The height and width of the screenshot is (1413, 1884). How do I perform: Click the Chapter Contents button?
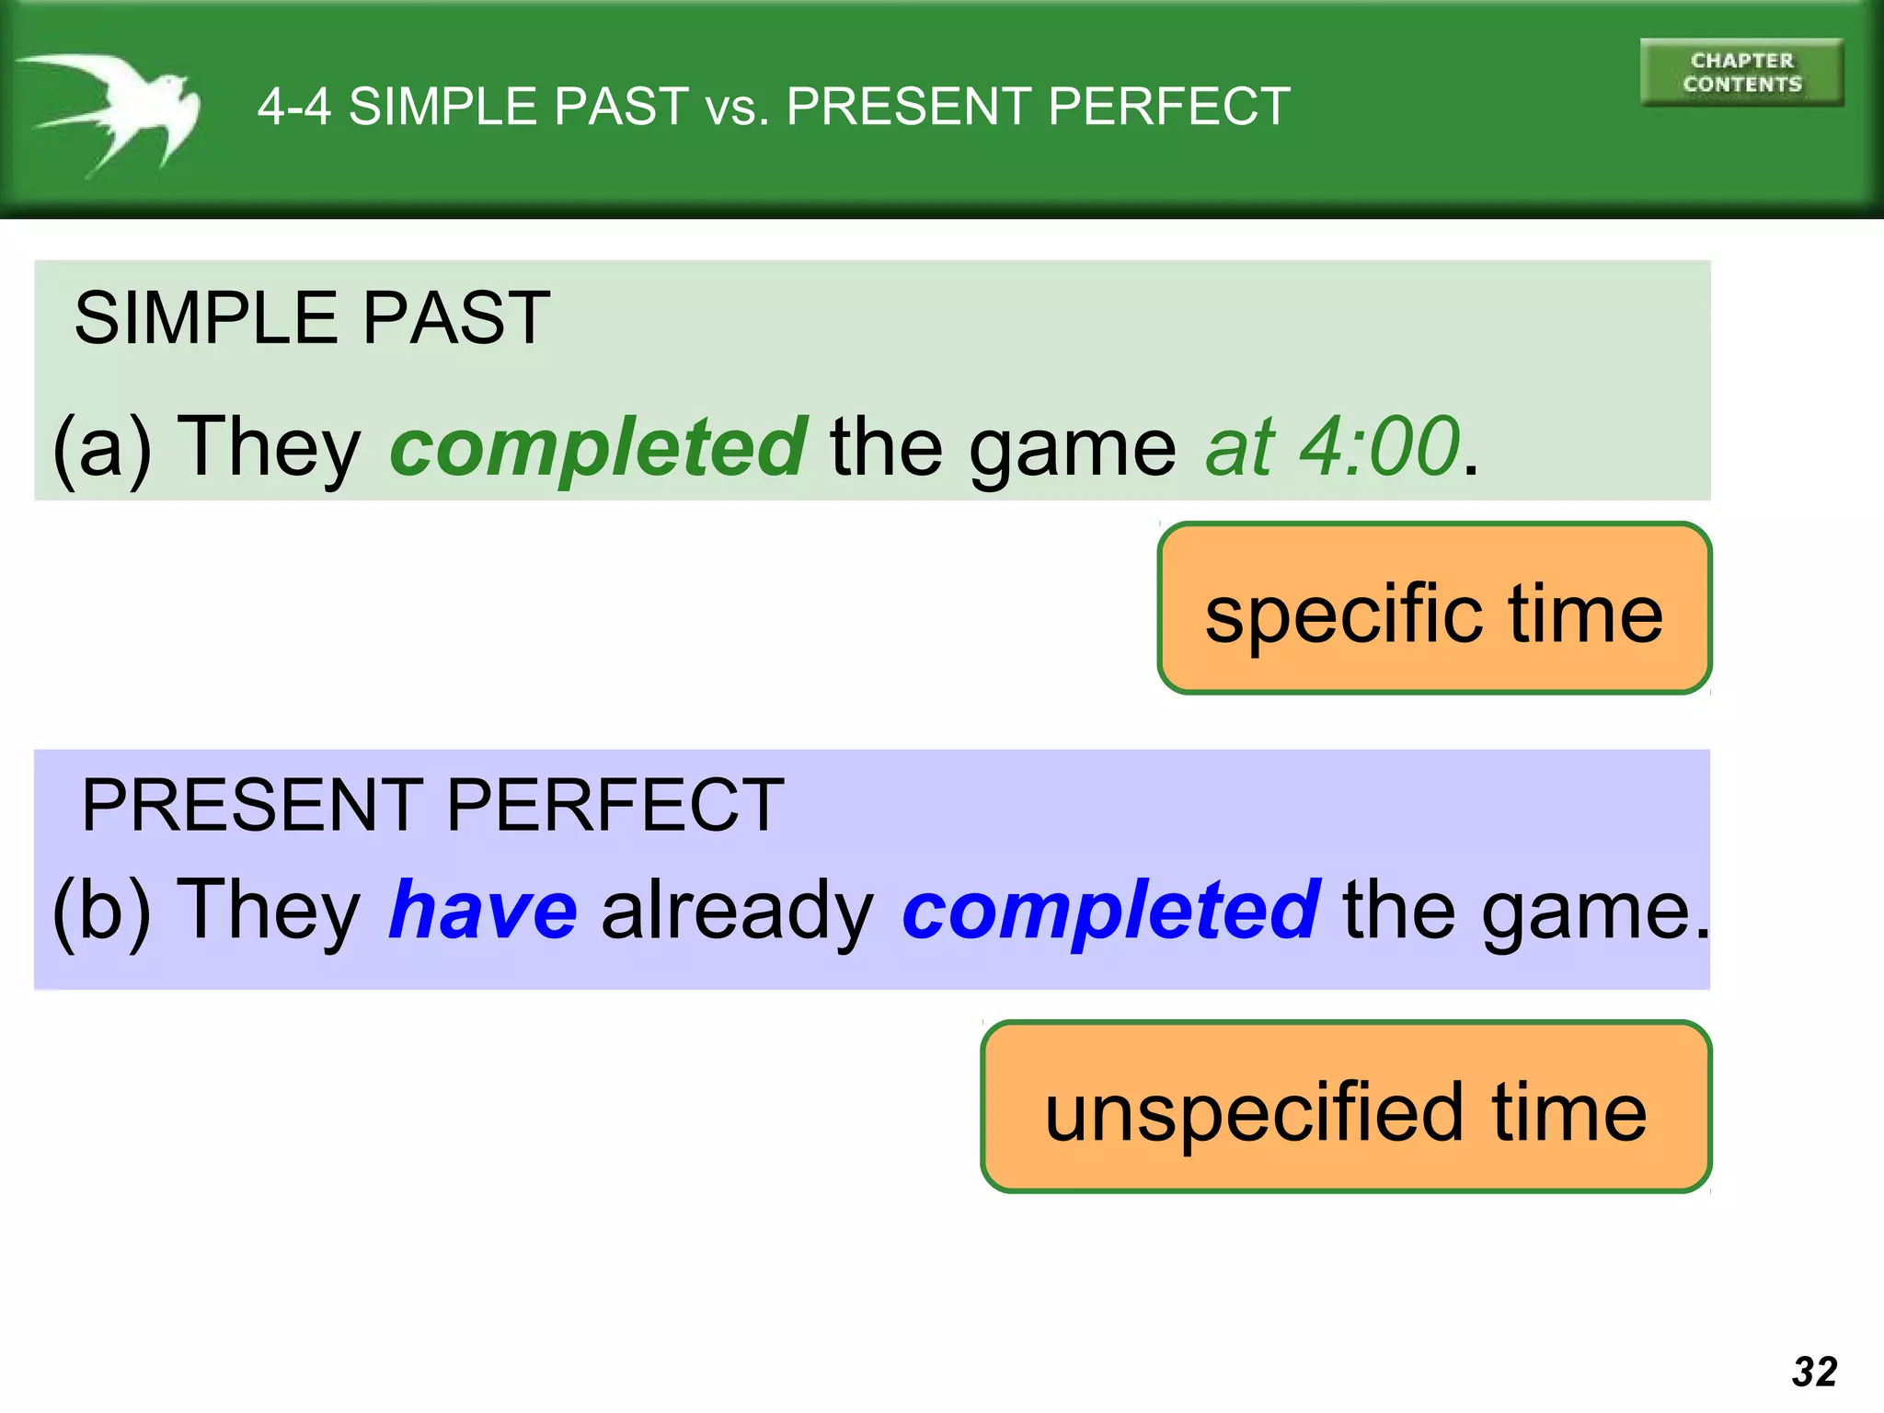(x=1741, y=73)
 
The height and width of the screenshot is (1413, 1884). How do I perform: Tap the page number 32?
(x=1814, y=1372)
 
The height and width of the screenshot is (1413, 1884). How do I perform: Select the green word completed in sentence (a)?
(x=599, y=447)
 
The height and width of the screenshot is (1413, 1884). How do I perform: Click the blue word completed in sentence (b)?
(x=1111, y=911)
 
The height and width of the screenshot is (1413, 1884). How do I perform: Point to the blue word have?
(x=483, y=911)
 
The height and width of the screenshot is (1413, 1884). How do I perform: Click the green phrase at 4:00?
(x=1332, y=447)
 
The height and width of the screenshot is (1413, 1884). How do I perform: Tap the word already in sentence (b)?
(x=737, y=911)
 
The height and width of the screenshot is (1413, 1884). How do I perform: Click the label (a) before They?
(x=101, y=449)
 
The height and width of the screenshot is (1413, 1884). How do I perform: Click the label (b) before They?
(x=101, y=911)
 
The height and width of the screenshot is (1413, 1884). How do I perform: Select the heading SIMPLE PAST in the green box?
(x=312, y=318)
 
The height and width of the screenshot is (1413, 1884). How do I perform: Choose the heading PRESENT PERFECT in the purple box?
(x=432, y=806)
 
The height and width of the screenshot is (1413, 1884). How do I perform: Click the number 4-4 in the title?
(x=293, y=107)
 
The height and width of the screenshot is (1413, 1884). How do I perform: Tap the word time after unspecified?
(x=1568, y=1113)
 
